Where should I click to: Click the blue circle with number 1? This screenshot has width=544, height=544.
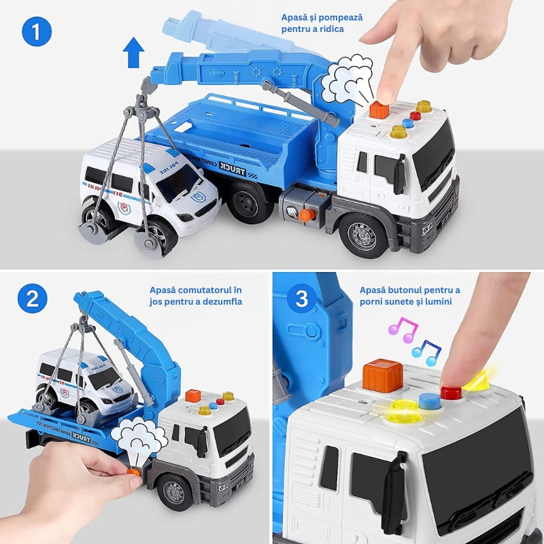[37, 31]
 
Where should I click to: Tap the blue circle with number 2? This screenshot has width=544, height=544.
[32, 299]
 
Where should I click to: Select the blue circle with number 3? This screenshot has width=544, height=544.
[301, 299]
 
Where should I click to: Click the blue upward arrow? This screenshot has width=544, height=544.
[133, 53]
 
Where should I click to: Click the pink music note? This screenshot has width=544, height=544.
[403, 330]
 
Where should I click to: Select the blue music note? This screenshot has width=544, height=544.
[426, 353]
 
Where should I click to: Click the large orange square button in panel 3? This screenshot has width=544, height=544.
[383, 376]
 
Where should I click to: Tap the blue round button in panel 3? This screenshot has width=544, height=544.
[430, 402]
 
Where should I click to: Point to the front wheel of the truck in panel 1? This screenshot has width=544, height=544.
[363, 236]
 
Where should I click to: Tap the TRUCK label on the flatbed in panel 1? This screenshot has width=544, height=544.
[233, 169]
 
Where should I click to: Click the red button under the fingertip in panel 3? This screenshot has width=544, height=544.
[451, 393]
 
